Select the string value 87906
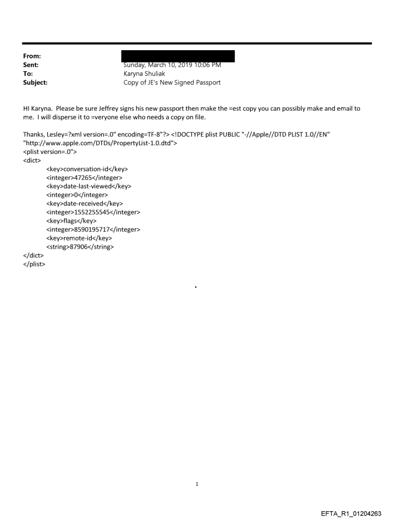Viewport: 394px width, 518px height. (x=82, y=247)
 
